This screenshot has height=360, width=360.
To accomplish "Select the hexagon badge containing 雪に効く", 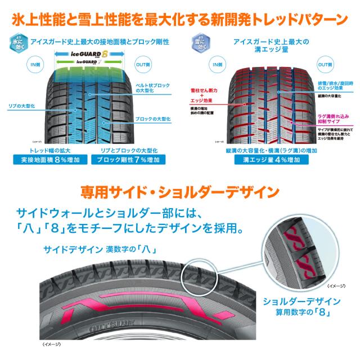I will point(197,43).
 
